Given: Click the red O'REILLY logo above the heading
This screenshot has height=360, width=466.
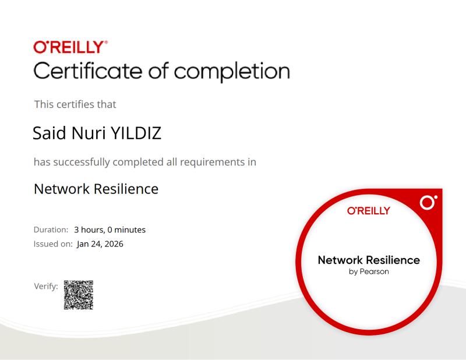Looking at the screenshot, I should click(x=70, y=46).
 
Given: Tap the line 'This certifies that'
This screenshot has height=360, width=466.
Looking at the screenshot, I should click(x=75, y=104).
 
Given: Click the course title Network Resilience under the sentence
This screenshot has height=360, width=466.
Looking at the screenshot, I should click(x=96, y=189).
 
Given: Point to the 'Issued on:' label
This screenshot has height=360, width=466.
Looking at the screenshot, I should click(x=53, y=244).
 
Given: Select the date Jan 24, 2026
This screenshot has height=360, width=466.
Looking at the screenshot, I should click(x=100, y=244).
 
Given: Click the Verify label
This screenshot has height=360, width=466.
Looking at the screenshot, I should click(x=46, y=286).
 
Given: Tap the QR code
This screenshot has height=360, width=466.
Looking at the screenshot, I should click(x=78, y=295).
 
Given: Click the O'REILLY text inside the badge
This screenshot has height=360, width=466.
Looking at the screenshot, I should click(x=368, y=211).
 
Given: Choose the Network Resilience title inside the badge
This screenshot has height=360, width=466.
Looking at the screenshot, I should click(x=369, y=260).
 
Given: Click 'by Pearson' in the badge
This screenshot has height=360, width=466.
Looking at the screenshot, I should click(x=369, y=271).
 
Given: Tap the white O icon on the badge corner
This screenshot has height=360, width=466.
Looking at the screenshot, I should click(x=428, y=203).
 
